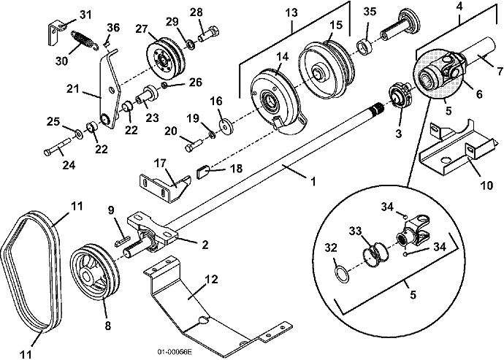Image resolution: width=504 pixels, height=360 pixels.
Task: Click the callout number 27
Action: [x=141, y=29]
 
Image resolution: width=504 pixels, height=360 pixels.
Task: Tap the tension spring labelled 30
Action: [x=84, y=40]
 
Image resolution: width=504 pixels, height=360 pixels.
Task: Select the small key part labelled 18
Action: [x=203, y=172]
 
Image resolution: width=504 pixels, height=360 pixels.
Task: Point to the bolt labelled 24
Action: [x=58, y=147]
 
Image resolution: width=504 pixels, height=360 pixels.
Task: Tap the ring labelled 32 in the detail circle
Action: [x=342, y=274]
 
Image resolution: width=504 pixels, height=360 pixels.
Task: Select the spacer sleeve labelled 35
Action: [x=364, y=47]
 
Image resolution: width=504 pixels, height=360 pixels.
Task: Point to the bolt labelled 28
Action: [x=209, y=35]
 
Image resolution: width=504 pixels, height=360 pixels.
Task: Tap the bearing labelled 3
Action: [x=401, y=96]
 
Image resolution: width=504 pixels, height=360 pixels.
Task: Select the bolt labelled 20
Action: [x=194, y=145]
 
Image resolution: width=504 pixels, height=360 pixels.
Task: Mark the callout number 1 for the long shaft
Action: [x=313, y=182]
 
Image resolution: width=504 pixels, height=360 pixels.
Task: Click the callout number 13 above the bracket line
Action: [x=291, y=13]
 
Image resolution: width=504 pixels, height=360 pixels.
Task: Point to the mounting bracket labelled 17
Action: [x=165, y=189]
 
